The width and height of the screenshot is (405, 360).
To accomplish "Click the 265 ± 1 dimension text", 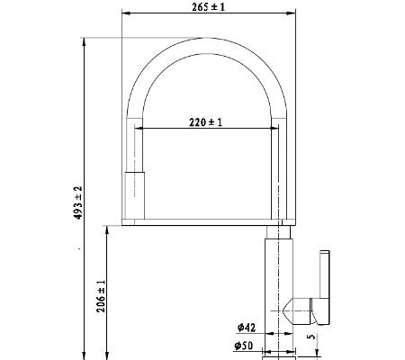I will tap(209, 7).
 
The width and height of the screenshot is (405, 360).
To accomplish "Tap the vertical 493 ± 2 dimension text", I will tap(78, 202).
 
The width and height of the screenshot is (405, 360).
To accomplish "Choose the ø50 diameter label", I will tap(244, 346).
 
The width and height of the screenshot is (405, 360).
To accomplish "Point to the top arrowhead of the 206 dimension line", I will tap(107, 229).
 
